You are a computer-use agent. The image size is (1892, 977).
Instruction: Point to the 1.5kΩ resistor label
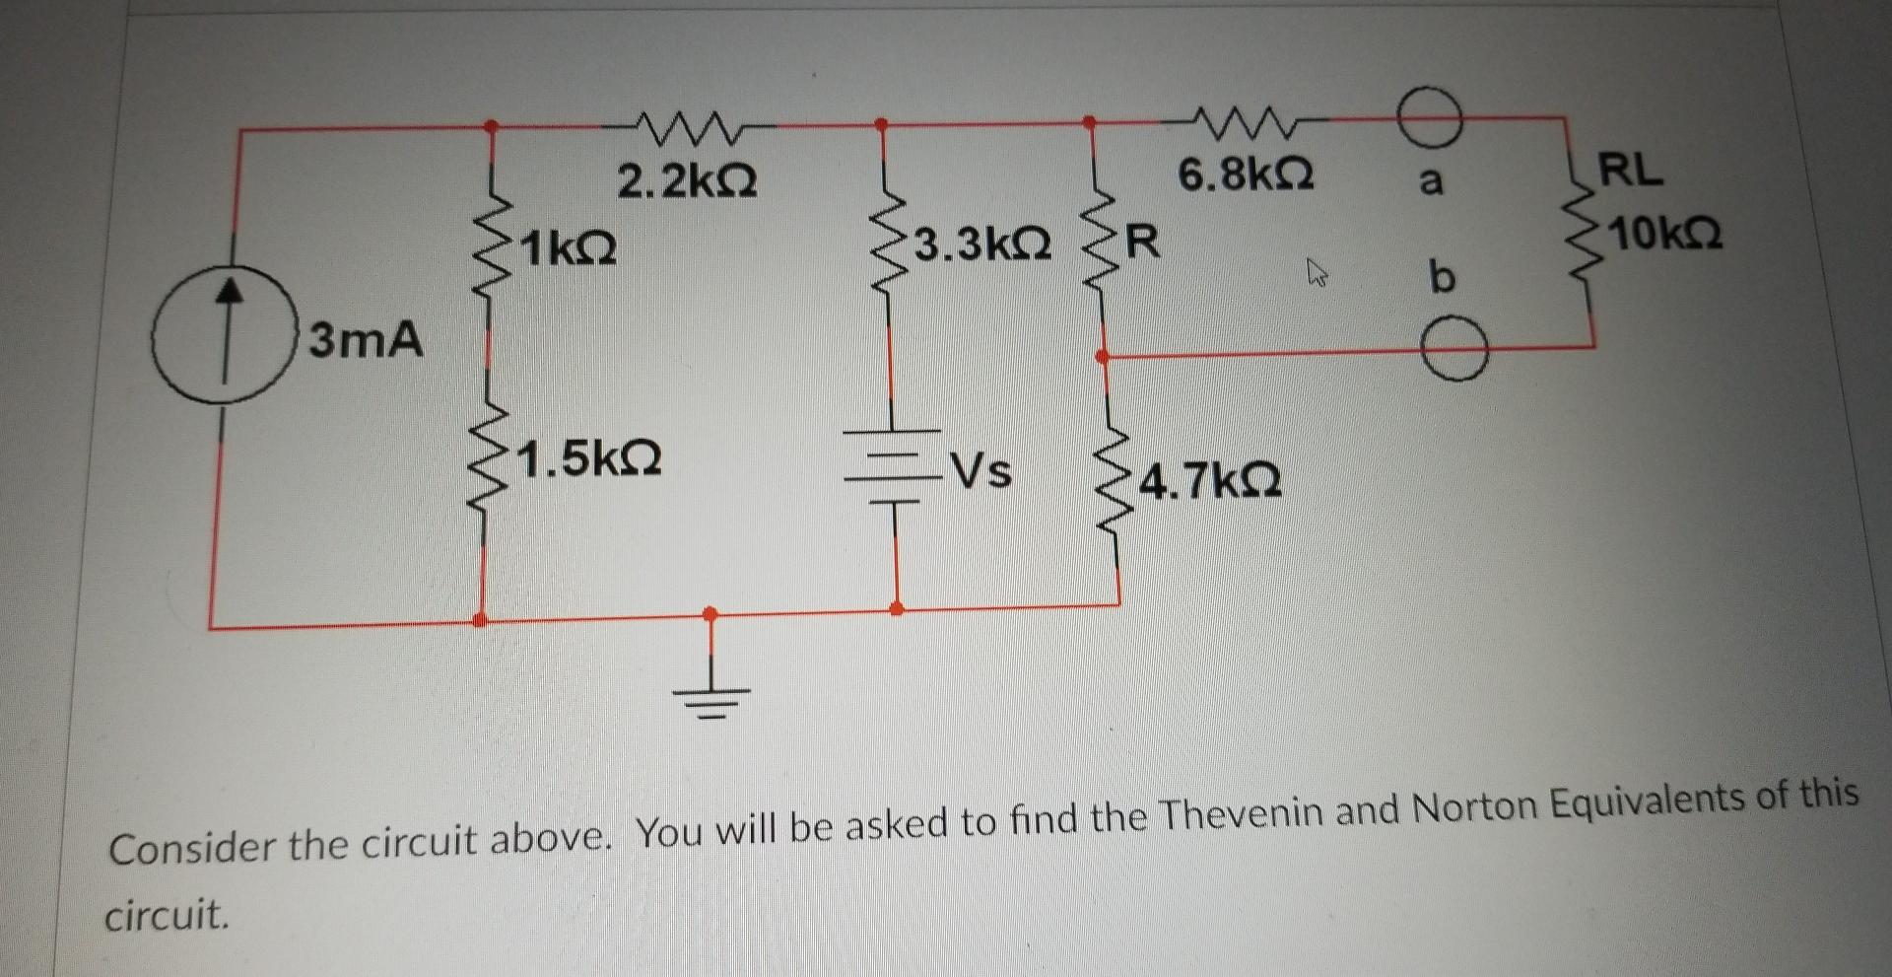pyautogui.click(x=589, y=458)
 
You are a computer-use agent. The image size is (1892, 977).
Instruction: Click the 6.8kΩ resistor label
pyautogui.click(x=1246, y=176)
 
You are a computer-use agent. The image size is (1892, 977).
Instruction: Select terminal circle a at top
pyautogui.click(x=1429, y=117)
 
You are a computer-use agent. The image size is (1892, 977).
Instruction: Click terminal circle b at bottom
pyautogui.click(x=1454, y=349)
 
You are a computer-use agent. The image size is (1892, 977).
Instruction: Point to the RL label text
pyautogui.click(x=1630, y=171)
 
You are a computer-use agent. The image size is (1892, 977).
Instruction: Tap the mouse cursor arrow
pyautogui.click(x=1316, y=272)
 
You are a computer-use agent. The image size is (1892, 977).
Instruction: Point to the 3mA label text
pyautogui.click(x=366, y=341)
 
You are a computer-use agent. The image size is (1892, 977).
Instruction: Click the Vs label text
pyautogui.click(x=980, y=471)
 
